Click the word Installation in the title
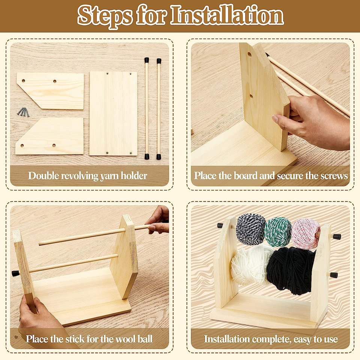[227, 15]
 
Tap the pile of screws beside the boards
[23, 112]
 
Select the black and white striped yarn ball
[251, 229]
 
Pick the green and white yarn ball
[279, 231]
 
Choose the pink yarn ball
[306, 233]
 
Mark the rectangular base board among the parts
[113, 113]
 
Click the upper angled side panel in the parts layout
[51, 91]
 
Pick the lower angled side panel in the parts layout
[50, 136]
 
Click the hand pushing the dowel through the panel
[159, 219]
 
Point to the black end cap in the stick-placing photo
[16, 273]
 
